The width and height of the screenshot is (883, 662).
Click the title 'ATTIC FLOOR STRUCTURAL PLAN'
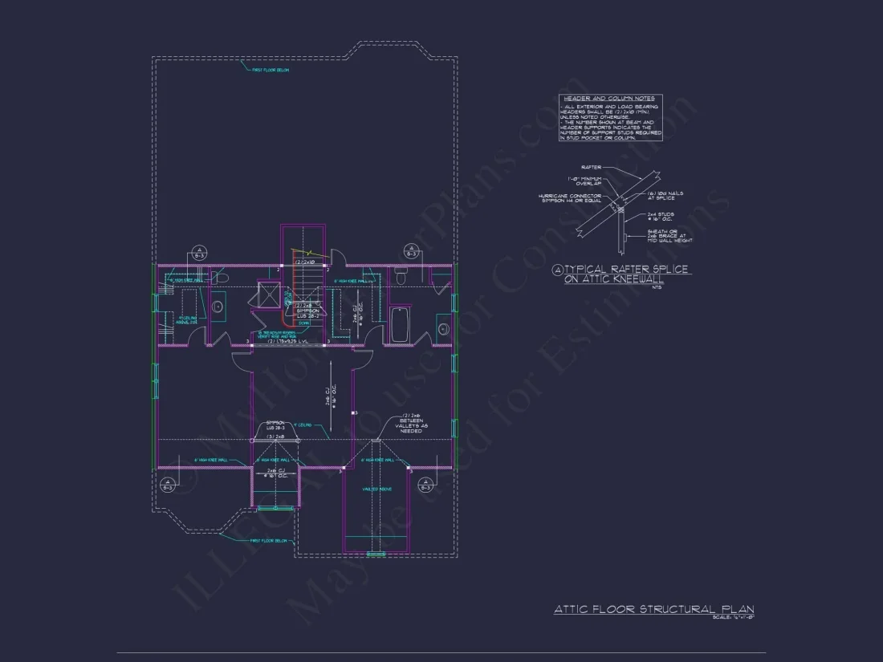(x=653, y=610)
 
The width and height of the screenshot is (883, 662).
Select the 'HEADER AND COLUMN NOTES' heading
(x=610, y=98)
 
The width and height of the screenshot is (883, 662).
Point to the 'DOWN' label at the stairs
(x=303, y=323)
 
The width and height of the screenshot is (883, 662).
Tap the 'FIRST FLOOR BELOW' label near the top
(x=271, y=71)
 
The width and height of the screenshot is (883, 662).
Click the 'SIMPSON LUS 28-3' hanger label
(x=275, y=425)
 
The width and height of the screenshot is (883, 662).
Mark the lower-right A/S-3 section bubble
(x=425, y=483)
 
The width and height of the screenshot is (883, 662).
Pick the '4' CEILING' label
(x=302, y=424)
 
